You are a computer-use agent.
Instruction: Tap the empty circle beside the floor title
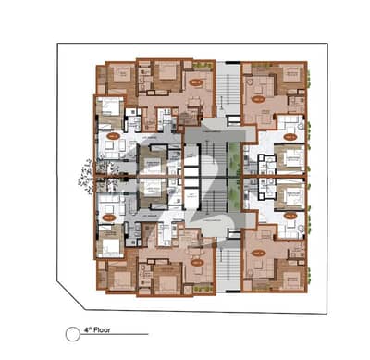[72, 330]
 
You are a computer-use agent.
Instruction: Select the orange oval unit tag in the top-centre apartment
[196, 82]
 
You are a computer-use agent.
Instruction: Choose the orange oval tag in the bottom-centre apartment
[196, 261]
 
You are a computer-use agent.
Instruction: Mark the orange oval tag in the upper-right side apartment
[289, 136]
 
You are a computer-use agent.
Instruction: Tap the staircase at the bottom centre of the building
[228, 259]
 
